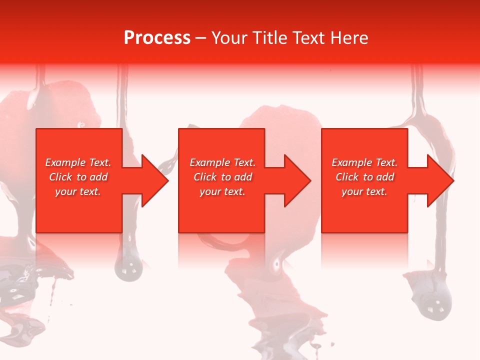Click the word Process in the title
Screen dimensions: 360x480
pyautogui.click(x=157, y=38)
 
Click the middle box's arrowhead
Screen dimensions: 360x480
pyautogui.click(x=300, y=180)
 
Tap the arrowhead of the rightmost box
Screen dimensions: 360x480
pyautogui.click(x=442, y=180)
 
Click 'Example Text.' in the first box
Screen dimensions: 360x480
pyautogui.click(x=78, y=162)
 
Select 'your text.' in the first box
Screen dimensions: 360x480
pyautogui.click(x=78, y=191)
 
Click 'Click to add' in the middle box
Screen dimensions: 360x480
pyautogui.click(x=222, y=177)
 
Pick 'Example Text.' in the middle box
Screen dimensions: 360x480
pyautogui.click(x=222, y=162)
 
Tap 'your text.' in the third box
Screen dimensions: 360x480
pyautogui.click(x=364, y=191)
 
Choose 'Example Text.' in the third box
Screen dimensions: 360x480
pyautogui.click(x=364, y=162)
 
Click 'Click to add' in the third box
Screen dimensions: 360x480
pyautogui.click(x=364, y=177)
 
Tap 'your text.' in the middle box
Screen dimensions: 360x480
pyautogui.click(x=222, y=191)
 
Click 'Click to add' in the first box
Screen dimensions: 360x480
pyautogui.click(x=78, y=177)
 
